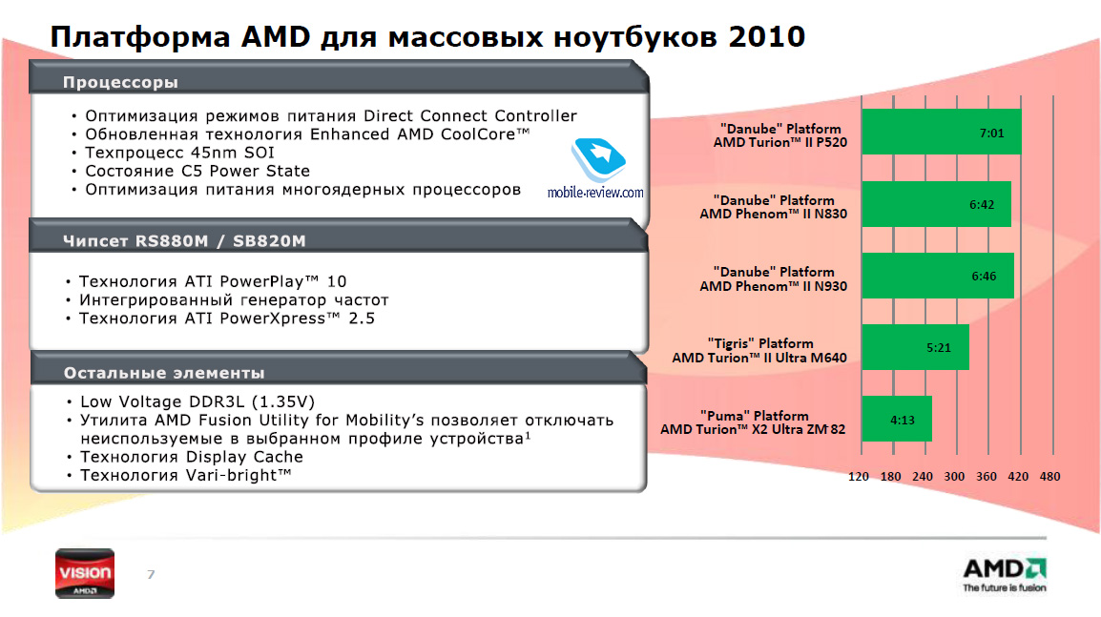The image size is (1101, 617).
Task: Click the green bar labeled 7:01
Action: tap(941, 132)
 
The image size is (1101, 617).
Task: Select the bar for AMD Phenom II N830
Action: tap(936, 204)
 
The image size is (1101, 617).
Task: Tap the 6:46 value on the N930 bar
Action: tap(984, 277)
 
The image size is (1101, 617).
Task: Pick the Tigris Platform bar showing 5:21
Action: tap(915, 347)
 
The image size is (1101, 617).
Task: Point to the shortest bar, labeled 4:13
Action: tap(897, 419)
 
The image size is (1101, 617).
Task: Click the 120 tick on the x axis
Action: tap(858, 477)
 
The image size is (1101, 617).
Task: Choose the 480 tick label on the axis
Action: tap(1049, 477)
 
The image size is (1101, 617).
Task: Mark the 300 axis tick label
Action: tap(954, 477)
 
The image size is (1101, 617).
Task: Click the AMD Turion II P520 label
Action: tap(780, 142)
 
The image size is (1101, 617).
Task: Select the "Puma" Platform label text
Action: tap(754, 416)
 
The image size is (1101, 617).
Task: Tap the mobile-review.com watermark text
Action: tap(595, 193)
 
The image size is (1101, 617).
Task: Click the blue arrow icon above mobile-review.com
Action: tap(598, 159)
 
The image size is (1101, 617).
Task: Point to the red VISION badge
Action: tap(85, 573)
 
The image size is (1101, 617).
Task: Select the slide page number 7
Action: tap(151, 575)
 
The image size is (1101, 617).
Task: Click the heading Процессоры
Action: tap(121, 83)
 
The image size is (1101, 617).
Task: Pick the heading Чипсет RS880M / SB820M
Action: tap(185, 241)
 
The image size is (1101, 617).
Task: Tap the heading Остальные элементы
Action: tap(164, 373)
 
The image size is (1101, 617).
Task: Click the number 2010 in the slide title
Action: tap(767, 36)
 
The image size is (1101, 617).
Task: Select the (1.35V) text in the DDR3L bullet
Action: tap(283, 402)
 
